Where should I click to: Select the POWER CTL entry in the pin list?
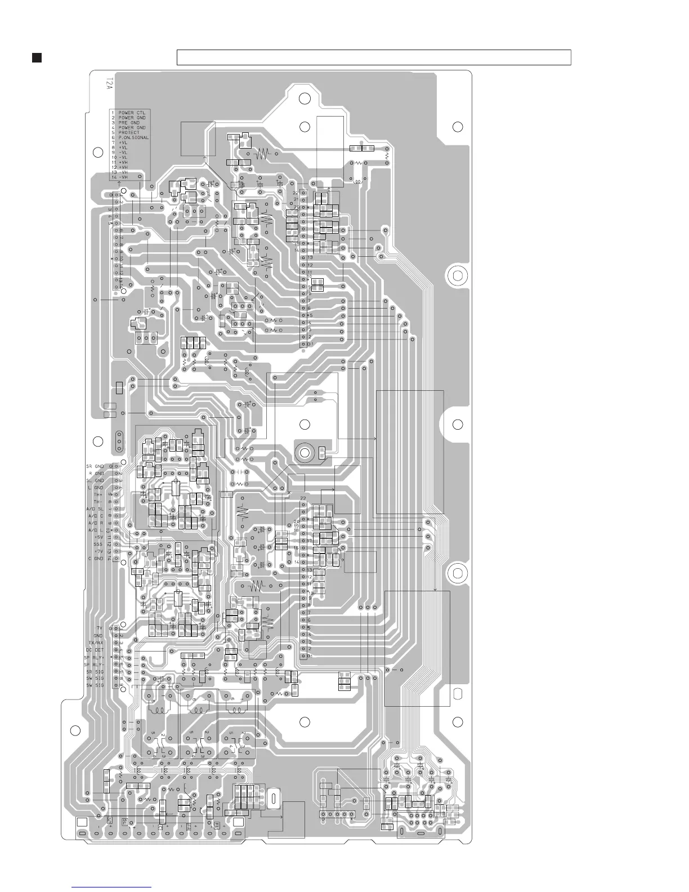point(132,113)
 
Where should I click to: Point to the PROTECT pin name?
point(129,132)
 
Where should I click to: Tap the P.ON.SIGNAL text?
point(133,137)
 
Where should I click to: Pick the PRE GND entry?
point(129,122)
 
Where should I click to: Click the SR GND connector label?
point(95,466)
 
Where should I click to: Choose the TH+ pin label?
point(99,494)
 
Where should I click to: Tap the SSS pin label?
point(99,544)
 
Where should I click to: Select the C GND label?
point(96,558)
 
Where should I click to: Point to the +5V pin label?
point(98,537)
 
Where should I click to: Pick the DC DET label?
point(96,650)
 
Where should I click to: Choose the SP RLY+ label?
point(95,657)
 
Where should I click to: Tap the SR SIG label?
point(95,671)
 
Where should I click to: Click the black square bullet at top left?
point(37,57)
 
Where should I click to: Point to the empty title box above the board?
point(374,57)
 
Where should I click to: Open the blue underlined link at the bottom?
point(112,886)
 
